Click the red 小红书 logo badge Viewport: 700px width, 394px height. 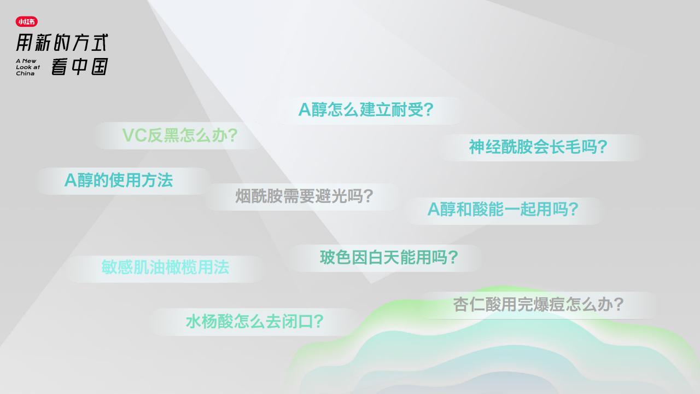tap(27, 21)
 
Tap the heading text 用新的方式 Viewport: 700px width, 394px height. tap(62, 43)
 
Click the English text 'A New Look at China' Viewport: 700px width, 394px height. tap(28, 67)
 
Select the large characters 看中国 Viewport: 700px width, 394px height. tap(80, 67)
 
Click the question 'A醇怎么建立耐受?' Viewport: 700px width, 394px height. tap(366, 110)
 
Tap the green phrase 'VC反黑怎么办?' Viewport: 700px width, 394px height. tap(180, 135)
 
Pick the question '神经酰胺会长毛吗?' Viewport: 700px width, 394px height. tap(538, 147)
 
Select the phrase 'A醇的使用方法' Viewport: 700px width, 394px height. tap(119, 181)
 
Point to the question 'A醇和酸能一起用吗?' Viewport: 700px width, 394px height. tap(503, 209)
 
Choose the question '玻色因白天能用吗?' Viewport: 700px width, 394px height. tap(389, 258)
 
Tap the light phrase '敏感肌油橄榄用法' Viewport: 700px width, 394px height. tap(165, 268)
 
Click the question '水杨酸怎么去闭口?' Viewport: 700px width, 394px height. tap(255, 322)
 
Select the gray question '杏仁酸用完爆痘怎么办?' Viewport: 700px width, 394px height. tap(539, 305)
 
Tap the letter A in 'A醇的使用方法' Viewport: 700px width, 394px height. tap(71, 181)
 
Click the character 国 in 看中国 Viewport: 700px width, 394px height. tap(100, 67)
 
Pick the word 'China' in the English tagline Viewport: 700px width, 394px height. tap(25, 73)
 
